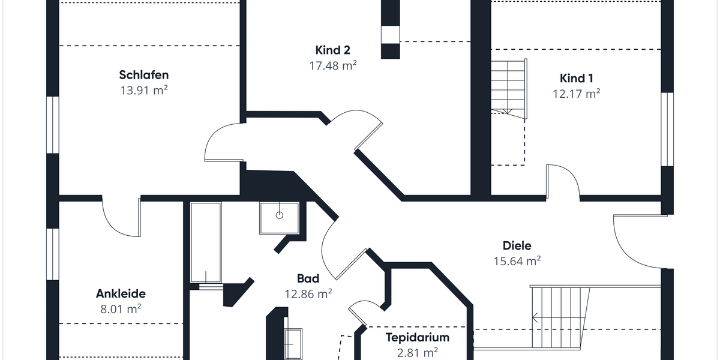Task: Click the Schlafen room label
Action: pos(143,75)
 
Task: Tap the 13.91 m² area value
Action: pos(143,90)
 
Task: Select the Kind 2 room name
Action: pos(332,50)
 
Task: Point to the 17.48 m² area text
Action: pos(332,65)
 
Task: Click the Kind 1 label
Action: pos(576,78)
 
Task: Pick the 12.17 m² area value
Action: pos(576,94)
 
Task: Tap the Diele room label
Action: pos(517,245)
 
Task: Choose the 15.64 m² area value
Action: pos(517,261)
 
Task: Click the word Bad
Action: pos(308,278)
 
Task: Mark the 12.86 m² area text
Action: pos(308,294)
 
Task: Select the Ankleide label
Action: pos(121,294)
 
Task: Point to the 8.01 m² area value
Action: pos(121,310)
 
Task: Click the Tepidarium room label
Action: pos(417,337)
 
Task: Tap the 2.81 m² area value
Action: pos(417,352)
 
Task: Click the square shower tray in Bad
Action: pos(279,218)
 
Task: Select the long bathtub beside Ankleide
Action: pos(206,243)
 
